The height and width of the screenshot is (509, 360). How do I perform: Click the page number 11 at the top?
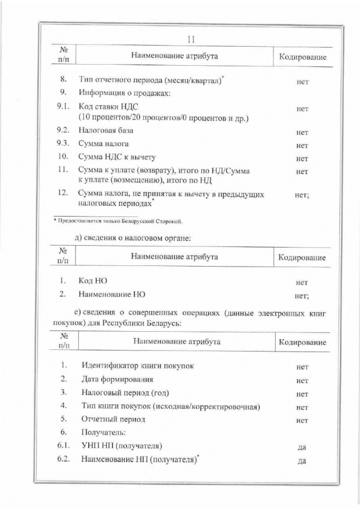(190, 39)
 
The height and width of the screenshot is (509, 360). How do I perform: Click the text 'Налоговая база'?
(106, 131)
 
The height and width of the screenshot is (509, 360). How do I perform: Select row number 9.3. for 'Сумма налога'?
(62, 144)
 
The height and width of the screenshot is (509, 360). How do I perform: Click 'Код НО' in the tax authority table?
(93, 280)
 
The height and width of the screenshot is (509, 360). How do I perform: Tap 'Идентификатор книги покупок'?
(138, 366)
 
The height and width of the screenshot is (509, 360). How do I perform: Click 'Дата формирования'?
(117, 379)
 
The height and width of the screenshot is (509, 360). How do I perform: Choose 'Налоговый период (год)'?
(125, 392)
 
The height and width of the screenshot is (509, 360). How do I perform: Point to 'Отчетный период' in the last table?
(113, 419)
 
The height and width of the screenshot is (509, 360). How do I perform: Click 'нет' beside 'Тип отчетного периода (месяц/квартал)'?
(302, 82)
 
